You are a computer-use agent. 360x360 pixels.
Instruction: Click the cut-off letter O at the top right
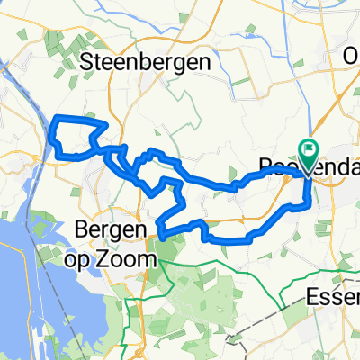[351, 56]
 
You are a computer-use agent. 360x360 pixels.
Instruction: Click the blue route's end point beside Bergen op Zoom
[161, 236]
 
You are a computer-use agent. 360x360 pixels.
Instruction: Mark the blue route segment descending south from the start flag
[309, 189]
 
